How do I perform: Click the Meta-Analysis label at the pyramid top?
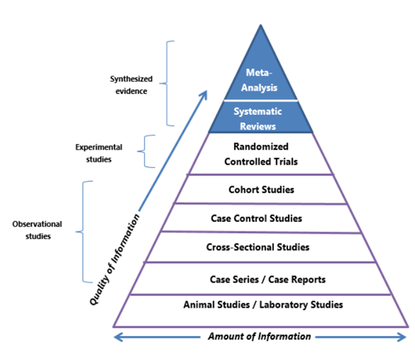259,80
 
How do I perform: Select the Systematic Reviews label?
258,119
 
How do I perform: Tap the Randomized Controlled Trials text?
261,154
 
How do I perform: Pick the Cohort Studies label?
261,190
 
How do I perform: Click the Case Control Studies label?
256,218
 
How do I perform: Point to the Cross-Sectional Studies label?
258,247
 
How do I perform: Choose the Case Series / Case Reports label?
268,279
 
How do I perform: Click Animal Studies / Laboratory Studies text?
263,305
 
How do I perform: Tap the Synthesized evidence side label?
131,85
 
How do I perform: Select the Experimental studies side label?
98,153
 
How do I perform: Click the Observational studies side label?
37,230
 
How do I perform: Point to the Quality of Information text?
114,259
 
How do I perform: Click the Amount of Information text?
260,336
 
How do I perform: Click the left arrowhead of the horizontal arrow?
118,337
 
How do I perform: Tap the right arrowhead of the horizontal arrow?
402,337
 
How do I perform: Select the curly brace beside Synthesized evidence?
167,83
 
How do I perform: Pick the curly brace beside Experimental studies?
145,151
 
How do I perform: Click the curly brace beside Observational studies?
83,232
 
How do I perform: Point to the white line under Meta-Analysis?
261,101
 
